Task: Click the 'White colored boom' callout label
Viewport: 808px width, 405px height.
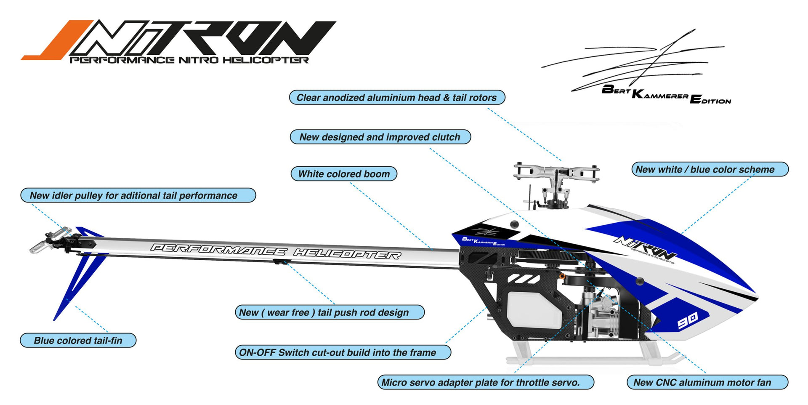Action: (344, 174)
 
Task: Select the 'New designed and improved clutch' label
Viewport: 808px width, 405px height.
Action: (380, 137)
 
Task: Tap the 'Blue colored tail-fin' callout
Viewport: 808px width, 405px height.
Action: (78, 340)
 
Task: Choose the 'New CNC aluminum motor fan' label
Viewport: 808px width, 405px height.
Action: (707, 382)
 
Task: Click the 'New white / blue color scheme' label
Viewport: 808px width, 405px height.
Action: (710, 169)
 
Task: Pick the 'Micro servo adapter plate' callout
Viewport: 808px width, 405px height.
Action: (485, 382)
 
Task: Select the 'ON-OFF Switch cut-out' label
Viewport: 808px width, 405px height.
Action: (343, 352)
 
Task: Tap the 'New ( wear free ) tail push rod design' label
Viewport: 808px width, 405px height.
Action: (329, 312)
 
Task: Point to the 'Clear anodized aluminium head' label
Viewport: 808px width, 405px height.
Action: (397, 97)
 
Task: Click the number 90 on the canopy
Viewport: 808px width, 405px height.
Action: (688, 321)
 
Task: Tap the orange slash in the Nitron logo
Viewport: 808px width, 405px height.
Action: (59, 40)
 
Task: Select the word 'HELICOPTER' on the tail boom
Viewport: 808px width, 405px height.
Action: (347, 254)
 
